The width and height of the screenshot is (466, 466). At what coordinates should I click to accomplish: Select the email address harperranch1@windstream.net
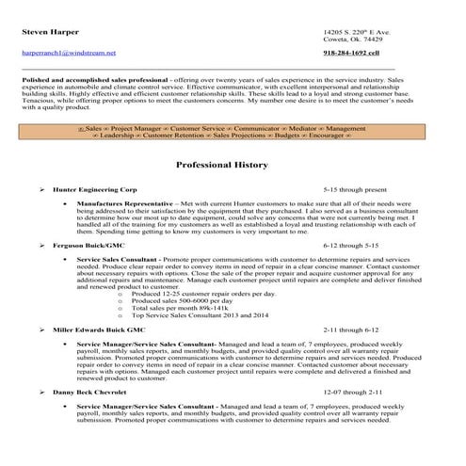(68, 53)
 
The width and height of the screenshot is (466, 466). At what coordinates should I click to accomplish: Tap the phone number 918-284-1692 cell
(350, 53)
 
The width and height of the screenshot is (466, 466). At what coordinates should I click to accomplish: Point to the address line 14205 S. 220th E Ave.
(357, 33)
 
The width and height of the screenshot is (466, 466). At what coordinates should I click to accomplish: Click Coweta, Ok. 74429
(352, 41)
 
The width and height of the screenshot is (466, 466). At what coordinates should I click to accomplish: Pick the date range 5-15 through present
(355, 189)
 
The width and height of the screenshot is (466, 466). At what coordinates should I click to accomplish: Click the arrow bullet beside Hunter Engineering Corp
(43, 189)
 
